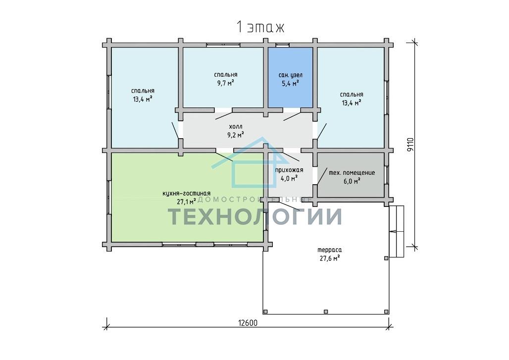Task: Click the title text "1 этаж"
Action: (260, 27)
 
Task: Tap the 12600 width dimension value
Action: (248, 323)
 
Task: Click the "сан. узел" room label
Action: (290, 75)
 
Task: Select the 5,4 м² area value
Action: (290, 83)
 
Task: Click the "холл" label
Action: (236, 126)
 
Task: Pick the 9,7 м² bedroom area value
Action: (226, 83)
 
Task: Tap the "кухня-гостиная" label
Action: (186, 194)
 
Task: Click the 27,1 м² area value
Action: (186, 202)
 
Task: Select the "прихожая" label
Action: (289, 170)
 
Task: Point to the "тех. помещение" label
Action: (352, 173)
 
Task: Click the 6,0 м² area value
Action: (352, 181)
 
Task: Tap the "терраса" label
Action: (329, 250)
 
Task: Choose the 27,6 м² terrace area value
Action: (329, 258)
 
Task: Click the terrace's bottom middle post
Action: (326, 311)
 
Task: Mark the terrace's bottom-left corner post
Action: (265, 311)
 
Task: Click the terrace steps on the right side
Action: (397, 231)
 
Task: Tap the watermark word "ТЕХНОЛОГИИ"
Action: (255, 216)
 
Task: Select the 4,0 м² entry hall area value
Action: (289, 178)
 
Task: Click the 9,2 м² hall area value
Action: (236, 134)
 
